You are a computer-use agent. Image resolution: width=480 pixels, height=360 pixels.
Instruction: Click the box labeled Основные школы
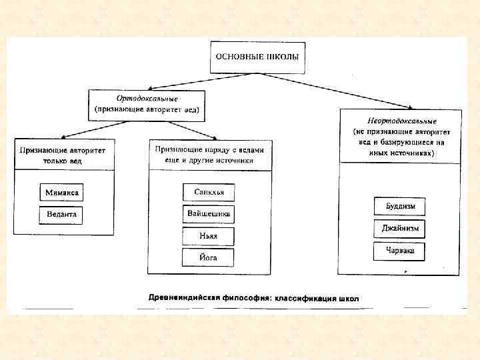pyautogui.click(x=257, y=57)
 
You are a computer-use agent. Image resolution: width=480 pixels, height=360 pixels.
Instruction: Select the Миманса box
pyautogui.click(x=61, y=193)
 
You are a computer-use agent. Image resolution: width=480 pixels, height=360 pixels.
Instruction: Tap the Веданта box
pyautogui.click(x=61, y=215)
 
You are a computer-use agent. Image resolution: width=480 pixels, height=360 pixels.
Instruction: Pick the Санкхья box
pyautogui.click(x=209, y=193)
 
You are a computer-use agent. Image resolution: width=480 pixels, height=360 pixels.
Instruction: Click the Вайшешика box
pyautogui.click(x=209, y=215)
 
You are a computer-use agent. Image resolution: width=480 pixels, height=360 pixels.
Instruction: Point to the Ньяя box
pyautogui.click(x=209, y=236)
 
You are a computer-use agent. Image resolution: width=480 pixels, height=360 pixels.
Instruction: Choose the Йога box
pyautogui.click(x=209, y=257)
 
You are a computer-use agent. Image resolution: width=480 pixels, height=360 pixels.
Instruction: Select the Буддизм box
pyautogui.click(x=399, y=207)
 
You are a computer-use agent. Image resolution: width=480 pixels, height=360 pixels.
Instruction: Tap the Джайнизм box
pyautogui.click(x=399, y=229)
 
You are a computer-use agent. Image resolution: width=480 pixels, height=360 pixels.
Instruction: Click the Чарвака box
pyautogui.click(x=399, y=251)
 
